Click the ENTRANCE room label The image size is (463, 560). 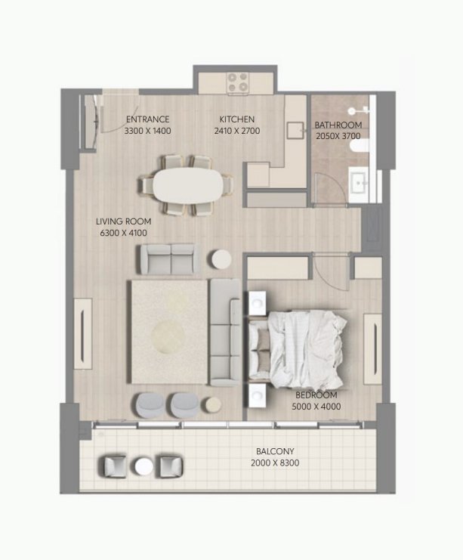click(147, 119)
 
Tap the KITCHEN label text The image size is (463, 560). click(237, 119)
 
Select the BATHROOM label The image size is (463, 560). click(338, 125)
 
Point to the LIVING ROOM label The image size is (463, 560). click(123, 221)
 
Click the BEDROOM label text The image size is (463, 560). click(316, 395)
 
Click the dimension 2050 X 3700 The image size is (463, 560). click(338, 136)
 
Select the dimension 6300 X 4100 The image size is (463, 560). click(123, 233)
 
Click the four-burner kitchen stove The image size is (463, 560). click(238, 82)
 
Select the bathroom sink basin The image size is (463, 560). click(359, 182)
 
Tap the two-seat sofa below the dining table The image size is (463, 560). click(167, 259)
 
